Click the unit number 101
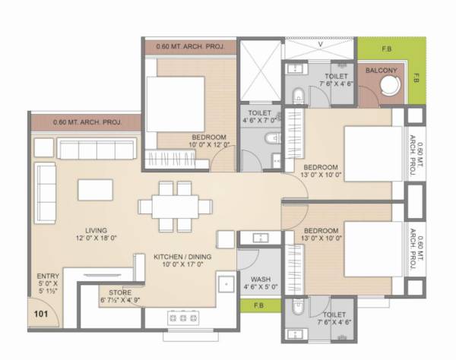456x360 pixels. [x=40, y=310]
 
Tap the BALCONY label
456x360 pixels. [x=380, y=71]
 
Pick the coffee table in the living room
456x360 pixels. [x=96, y=190]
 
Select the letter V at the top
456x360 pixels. [x=321, y=44]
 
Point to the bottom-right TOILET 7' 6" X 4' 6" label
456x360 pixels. [x=335, y=318]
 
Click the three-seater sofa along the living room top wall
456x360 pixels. [x=96, y=149]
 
